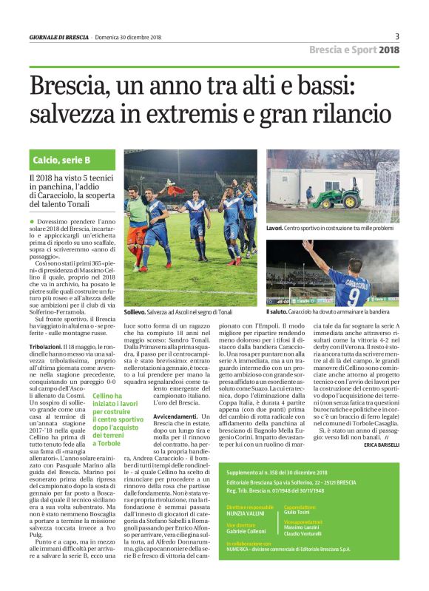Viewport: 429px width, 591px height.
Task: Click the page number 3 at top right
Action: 397,36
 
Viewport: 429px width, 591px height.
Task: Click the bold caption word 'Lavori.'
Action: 276,230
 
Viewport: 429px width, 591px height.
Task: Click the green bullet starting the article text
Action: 32,222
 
